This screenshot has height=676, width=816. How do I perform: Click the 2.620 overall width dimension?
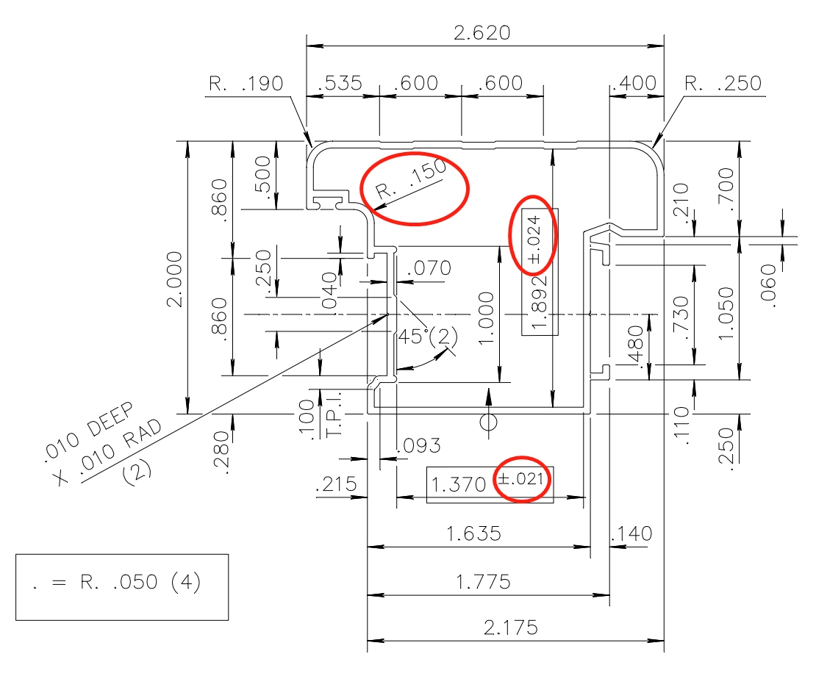[x=482, y=33]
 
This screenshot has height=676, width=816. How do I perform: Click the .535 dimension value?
[x=340, y=83]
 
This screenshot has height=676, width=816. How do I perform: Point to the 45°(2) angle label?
[x=426, y=337]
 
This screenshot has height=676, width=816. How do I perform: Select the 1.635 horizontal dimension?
[x=474, y=533]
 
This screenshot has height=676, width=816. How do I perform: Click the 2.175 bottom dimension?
[x=511, y=628]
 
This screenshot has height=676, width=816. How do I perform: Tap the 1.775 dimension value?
[x=483, y=582]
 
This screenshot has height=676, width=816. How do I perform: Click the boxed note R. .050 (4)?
[x=122, y=583]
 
